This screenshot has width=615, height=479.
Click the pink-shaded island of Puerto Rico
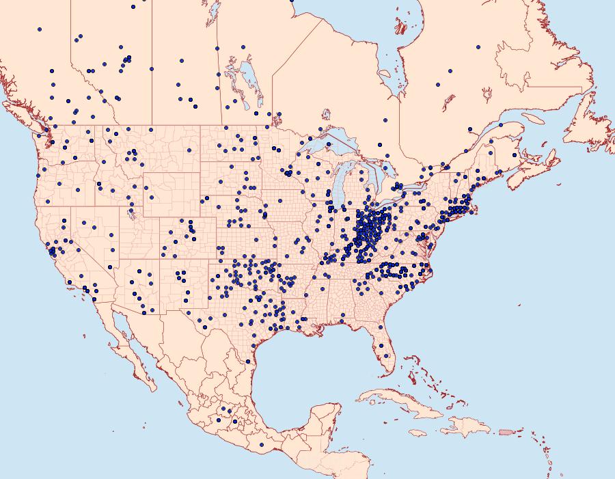coord(505,431)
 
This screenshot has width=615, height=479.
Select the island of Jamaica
coord(418,433)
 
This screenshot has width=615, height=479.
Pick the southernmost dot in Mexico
coord(262,445)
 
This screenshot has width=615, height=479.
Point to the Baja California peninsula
coord(130,342)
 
